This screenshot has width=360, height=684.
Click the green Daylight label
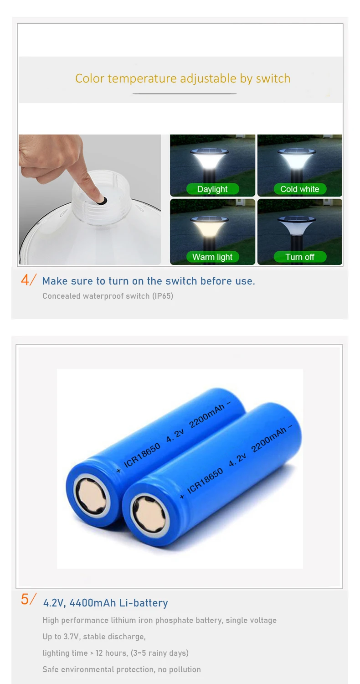(x=212, y=189)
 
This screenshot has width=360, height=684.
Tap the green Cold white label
(x=299, y=189)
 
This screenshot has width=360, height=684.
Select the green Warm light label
(x=212, y=257)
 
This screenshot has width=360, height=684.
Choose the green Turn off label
(x=299, y=257)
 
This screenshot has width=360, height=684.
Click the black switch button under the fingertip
(x=103, y=201)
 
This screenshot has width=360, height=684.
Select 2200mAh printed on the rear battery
(x=207, y=415)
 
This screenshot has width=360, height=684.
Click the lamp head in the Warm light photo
(x=209, y=226)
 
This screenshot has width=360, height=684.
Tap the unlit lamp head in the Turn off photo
(x=297, y=226)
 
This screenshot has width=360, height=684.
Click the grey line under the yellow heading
(x=185, y=93)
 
